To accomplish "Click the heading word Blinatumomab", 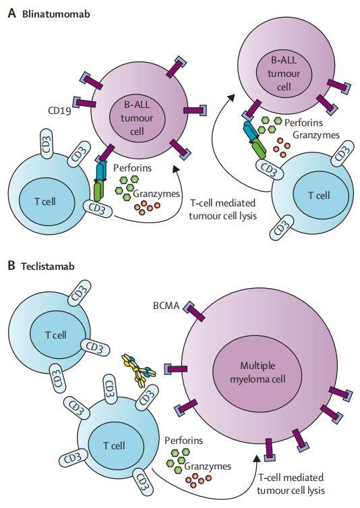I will click(x=52, y=13).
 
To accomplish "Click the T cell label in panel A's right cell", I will click(x=318, y=196).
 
